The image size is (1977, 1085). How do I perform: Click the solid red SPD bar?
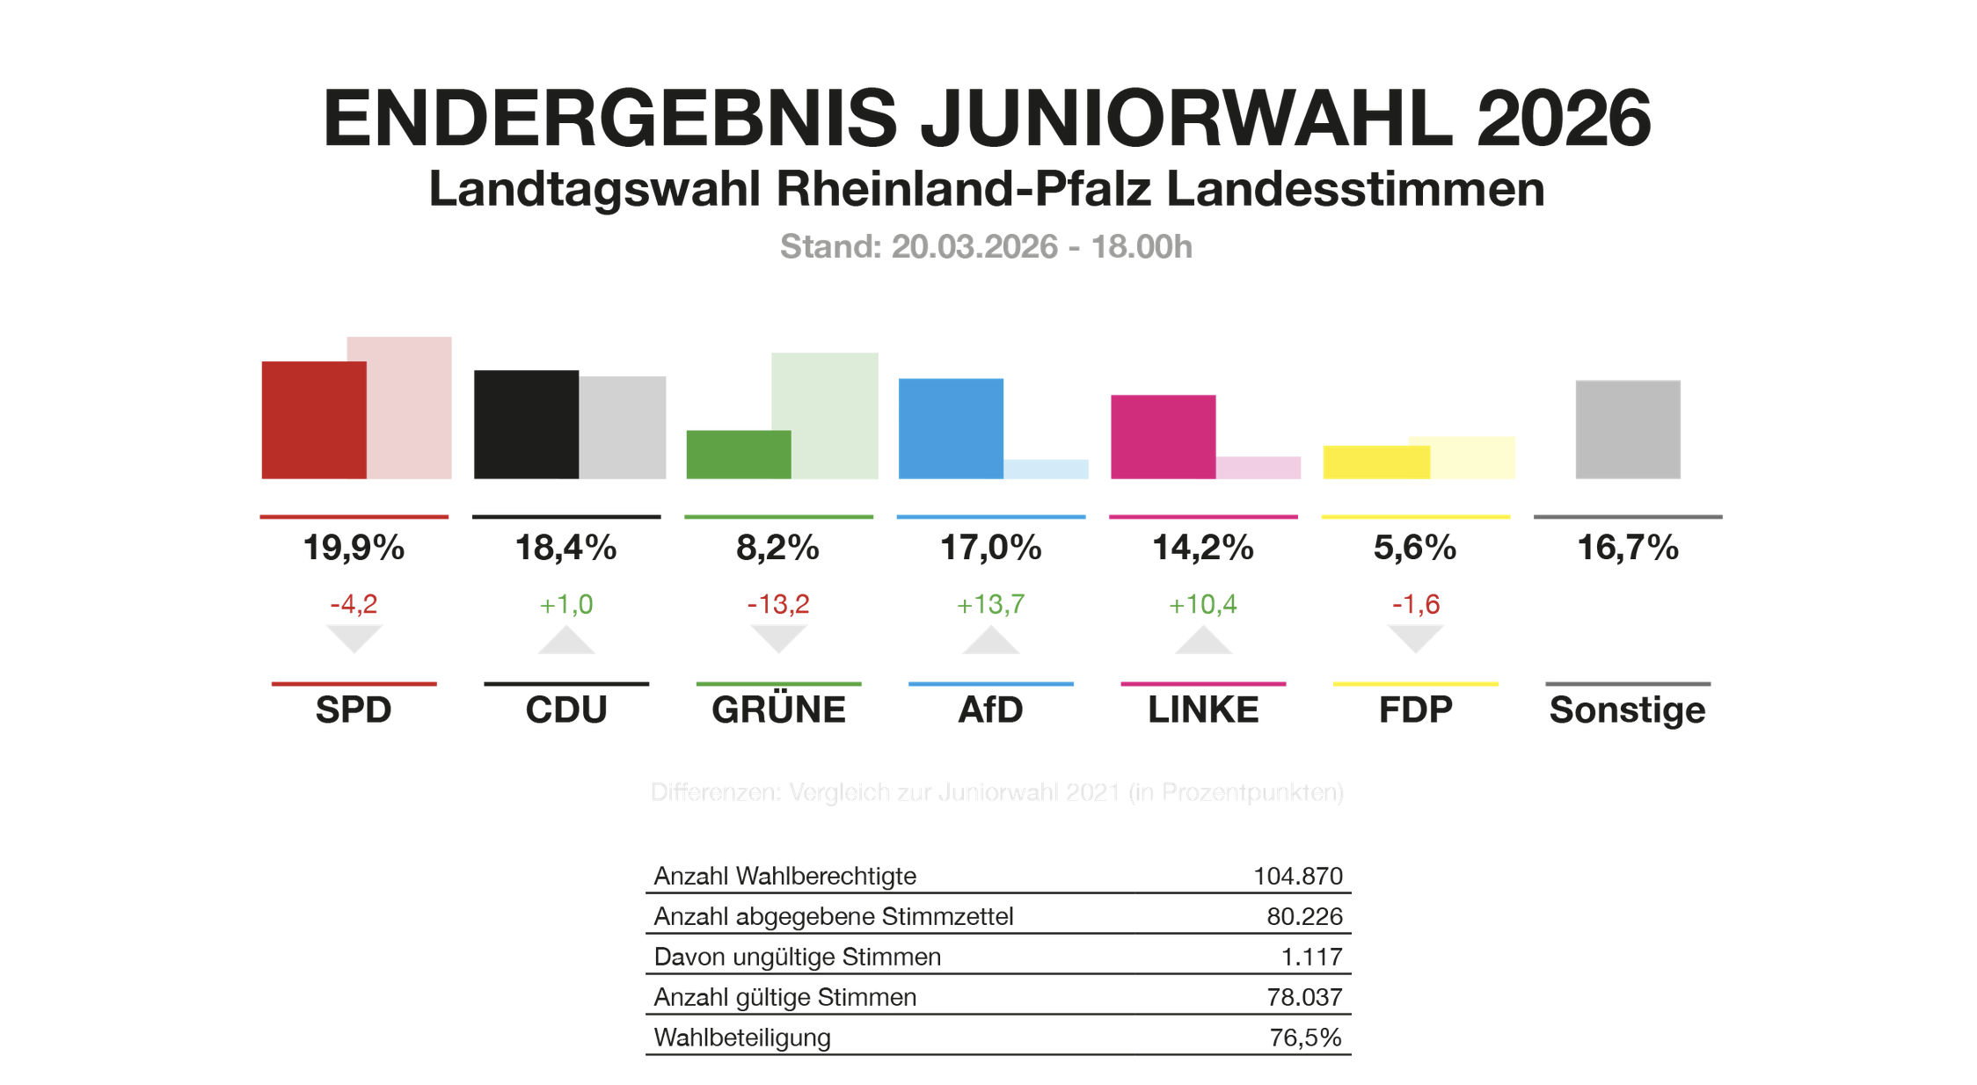313,419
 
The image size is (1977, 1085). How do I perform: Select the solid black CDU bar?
526,424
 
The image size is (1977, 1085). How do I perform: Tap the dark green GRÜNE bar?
738,454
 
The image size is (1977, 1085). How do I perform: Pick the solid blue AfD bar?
951,428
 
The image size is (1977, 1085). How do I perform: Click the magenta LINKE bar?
1163,436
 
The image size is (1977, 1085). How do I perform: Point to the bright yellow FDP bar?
1375,462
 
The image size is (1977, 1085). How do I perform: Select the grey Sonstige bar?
1627,429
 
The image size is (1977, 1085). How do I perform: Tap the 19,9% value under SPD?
354,548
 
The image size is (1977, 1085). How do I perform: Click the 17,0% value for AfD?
990,548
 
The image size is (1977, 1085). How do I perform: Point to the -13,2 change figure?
778,604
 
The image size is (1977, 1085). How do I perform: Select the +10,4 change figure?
1202,604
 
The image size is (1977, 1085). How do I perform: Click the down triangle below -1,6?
1415,637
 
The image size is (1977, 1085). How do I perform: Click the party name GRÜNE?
778,710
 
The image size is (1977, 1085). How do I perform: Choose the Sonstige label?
1627,710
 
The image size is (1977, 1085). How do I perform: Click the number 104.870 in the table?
1297,876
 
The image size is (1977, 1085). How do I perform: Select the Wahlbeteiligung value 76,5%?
1305,1038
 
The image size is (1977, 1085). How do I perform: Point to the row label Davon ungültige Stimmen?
797,957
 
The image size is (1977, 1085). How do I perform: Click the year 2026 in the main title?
1563,118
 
